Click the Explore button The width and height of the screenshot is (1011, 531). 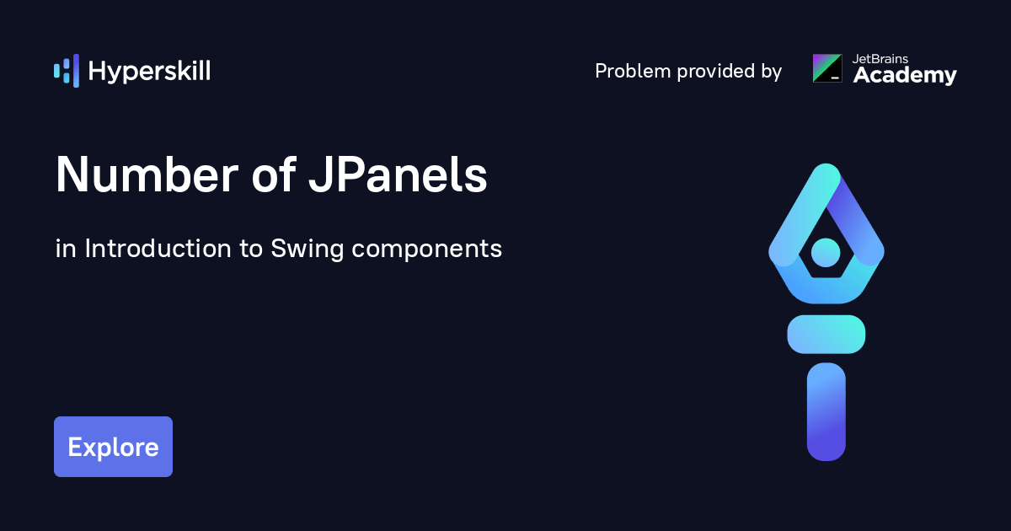click(x=113, y=447)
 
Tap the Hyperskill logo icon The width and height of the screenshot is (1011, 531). click(x=67, y=71)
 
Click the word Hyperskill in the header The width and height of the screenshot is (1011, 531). click(x=149, y=72)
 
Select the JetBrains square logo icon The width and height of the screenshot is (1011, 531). click(x=826, y=68)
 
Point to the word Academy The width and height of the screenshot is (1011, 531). click(x=905, y=76)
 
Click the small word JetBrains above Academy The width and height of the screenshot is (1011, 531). click(x=880, y=59)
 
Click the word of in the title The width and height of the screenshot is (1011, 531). click(x=272, y=176)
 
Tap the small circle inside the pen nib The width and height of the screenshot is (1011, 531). click(x=826, y=251)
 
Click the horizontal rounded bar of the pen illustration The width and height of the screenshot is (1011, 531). click(x=826, y=334)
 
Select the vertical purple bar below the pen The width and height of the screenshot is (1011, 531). click(x=826, y=412)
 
